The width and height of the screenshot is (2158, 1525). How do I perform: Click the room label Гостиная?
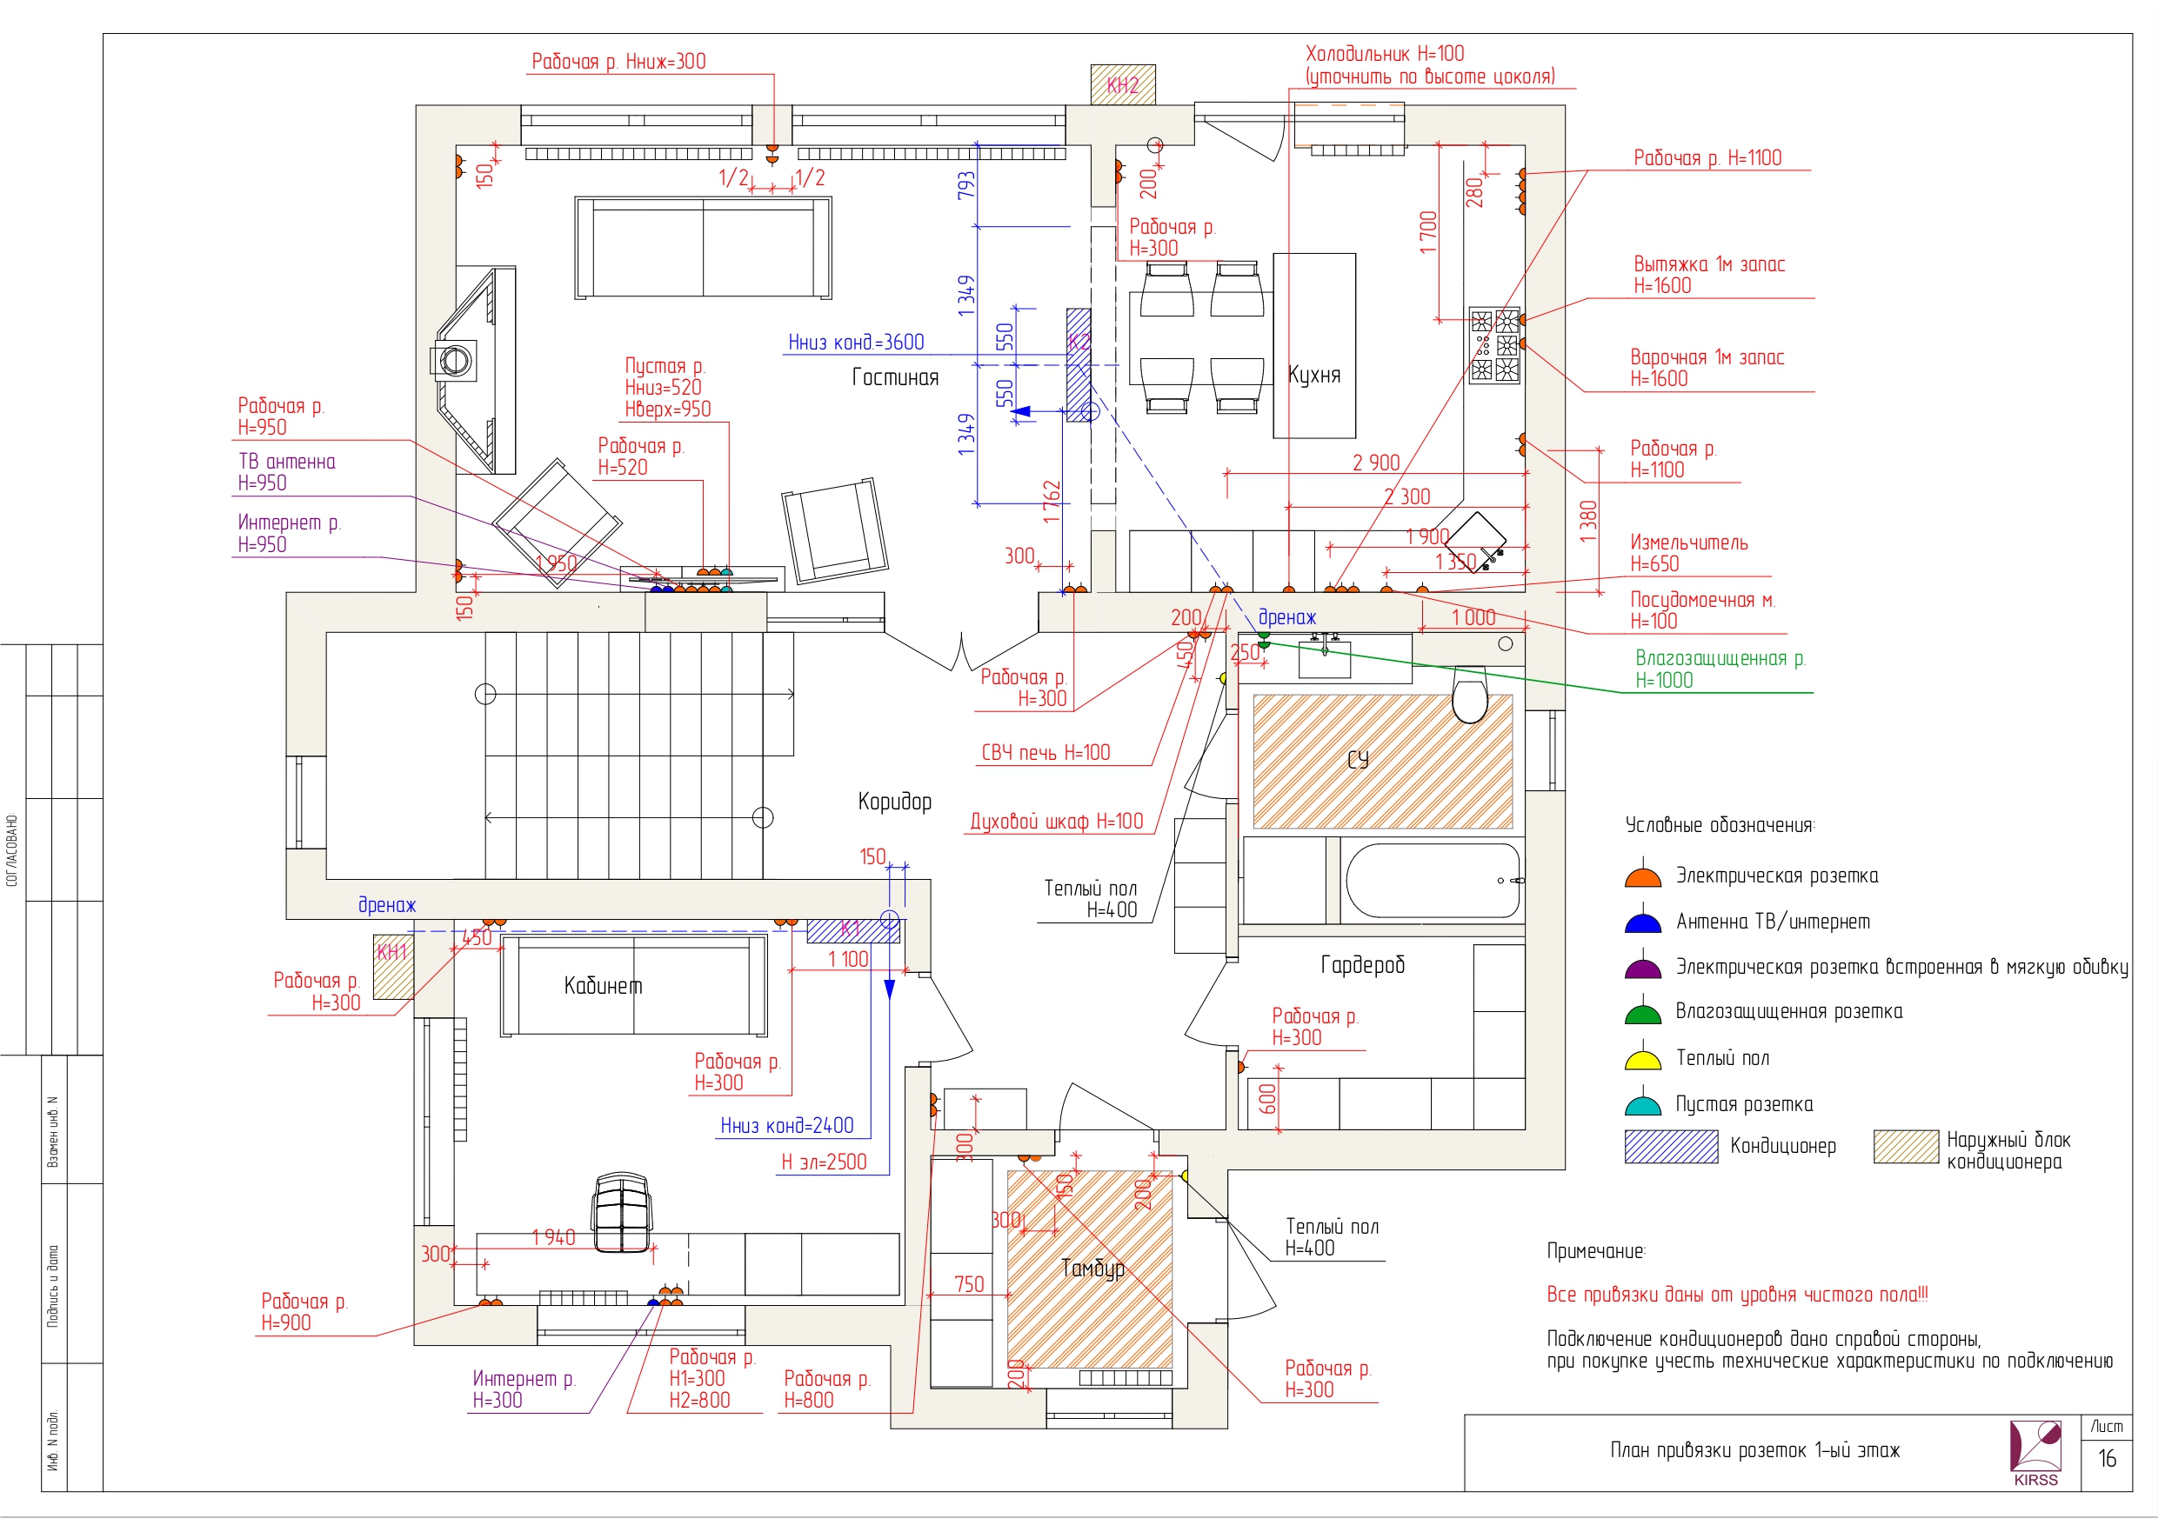pos(895,376)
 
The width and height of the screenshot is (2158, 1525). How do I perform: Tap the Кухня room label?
pos(1314,375)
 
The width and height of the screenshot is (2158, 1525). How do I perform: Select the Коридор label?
pos(895,802)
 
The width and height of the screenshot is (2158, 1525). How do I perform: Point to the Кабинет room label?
pos(604,986)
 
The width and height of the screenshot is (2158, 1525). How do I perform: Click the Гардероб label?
pos(1363,965)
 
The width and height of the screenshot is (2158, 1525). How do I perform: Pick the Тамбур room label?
pos(1093,1269)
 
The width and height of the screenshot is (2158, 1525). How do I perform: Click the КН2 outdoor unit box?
pos(1122,84)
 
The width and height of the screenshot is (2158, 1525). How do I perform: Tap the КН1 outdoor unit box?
pos(393,966)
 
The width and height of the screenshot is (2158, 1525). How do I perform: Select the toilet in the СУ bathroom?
pos(1470,694)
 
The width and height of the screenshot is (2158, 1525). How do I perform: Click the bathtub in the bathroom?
pos(1433,880)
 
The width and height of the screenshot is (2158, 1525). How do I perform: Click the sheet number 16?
pos(2108,1458)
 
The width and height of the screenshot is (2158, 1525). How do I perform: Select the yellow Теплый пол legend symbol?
pos(1643,1058)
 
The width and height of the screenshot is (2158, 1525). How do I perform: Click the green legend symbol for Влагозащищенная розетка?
pos(1643,1012)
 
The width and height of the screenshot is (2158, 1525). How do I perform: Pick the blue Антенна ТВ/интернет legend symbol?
pos(1643,921)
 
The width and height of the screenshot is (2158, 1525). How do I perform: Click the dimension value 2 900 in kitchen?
pos(1376,463)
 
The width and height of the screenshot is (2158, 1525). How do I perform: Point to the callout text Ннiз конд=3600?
pos(856,342)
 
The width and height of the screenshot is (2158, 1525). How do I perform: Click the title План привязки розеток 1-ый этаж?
pos(1754,1450)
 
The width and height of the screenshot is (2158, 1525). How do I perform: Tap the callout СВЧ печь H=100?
pos(1046,753)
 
